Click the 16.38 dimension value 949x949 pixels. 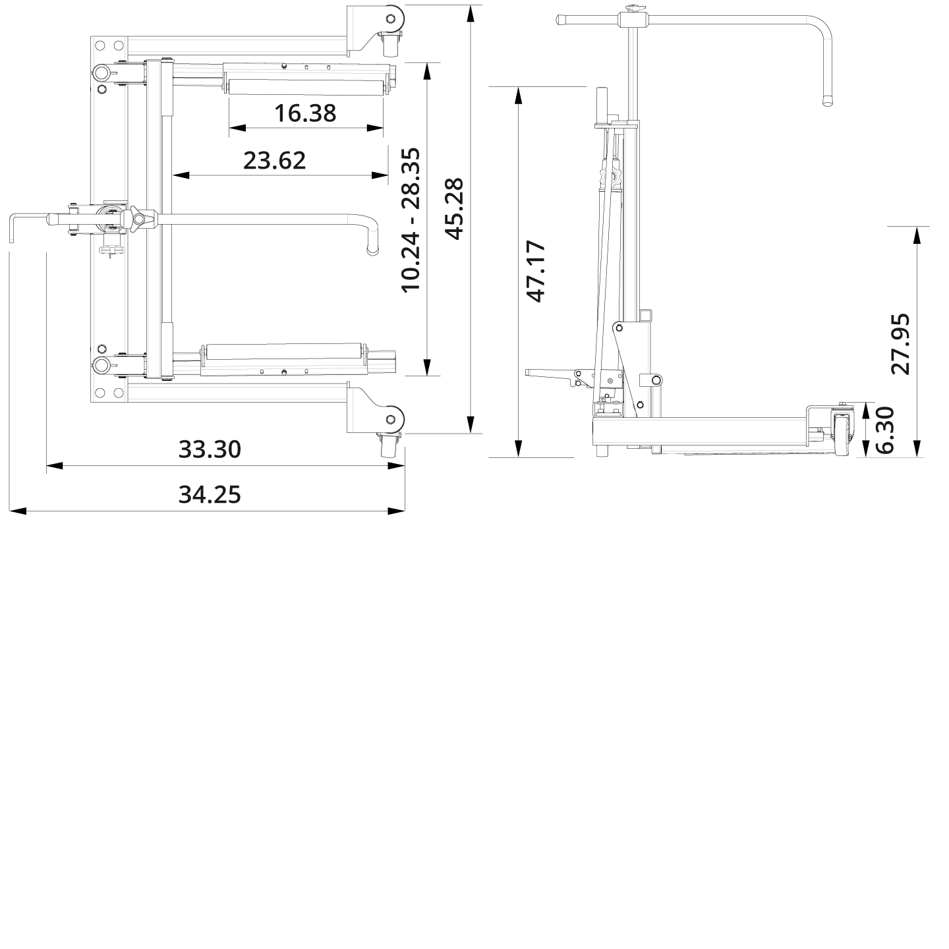point(305,113)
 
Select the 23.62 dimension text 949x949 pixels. point(274,160)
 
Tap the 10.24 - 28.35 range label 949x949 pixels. point(409,219)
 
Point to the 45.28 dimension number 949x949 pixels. point(454,208)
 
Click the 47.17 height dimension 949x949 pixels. point(536,271)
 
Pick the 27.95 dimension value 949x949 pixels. point(900,343)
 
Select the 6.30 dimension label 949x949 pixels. point(884,429)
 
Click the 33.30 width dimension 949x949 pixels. point(210,449)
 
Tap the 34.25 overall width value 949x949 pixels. point(210,494)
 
